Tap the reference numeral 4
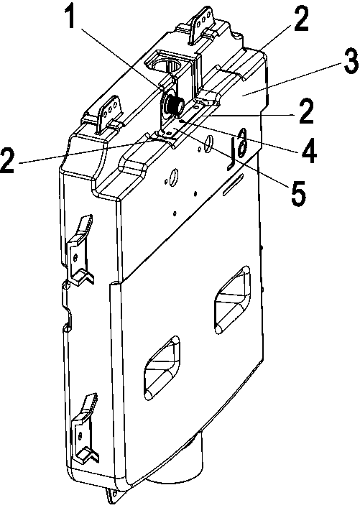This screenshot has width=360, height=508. pyautogui.click(x=309, y=150)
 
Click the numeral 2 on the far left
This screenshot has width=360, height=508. pyautogui.click(x=9, y=160)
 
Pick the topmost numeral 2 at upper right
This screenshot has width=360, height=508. pyautogui.click(x=300, y=19)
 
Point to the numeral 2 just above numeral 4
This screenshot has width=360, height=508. pyautogui.click(x=305, y=112)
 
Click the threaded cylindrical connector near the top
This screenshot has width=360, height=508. pyautogui.click(x=174, y=106)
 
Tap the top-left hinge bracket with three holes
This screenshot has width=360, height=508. pyautogui.click(x=110, y=116)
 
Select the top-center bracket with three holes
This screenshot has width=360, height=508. pyautogui.click(x=202, y=25)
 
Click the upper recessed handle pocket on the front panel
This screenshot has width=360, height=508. pyautogui.click(x=232, y=300)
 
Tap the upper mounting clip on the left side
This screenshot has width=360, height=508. pyautogui.click(x=80, y=250)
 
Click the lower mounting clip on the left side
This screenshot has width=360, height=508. pyautogui.click(x=85, y=428)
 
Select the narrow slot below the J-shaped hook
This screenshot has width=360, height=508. pyautogui.click(x=233, y=185)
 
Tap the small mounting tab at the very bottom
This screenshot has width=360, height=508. pyautogui.click(x=112, y=495)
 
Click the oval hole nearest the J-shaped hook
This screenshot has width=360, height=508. pyautogui.click(x=209, y=144)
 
